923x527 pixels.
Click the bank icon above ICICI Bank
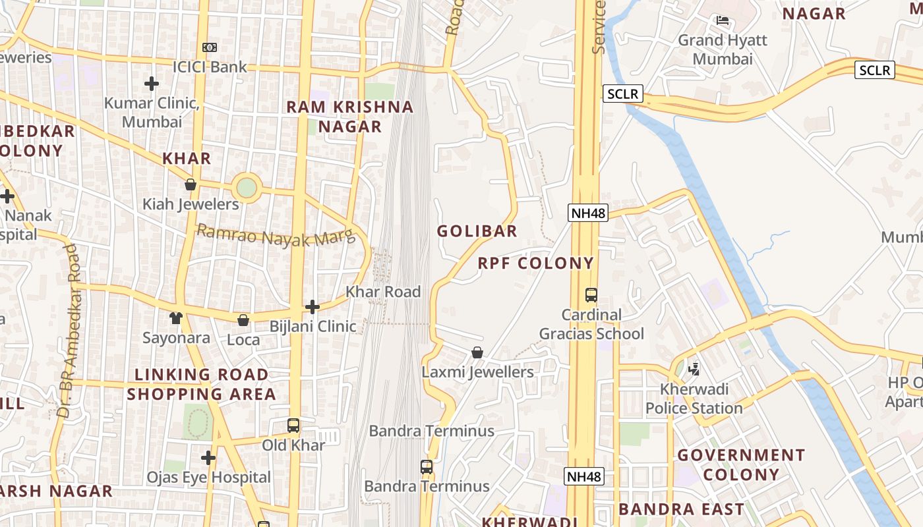point(209,47)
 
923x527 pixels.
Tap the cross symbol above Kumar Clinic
point(152,84)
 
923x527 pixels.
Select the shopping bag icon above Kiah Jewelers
point(191,184)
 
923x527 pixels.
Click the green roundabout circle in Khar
point(246,188)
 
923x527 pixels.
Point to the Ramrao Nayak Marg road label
point(276,235)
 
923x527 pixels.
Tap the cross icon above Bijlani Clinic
point(313,307)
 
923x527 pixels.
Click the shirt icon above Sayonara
point(175,319)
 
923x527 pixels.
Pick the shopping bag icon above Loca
point(243,320)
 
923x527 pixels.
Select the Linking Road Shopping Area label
point(201,384)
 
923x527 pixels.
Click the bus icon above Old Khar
point(293,426)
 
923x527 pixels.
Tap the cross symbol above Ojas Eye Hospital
point(208,458)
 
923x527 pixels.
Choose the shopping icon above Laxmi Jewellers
point(477,353)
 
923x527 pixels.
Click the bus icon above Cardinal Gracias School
point(591,295)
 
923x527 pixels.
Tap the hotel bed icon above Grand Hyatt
point(723,21)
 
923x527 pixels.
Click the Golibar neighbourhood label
point(477,231)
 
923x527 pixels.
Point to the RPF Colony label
point(536,263)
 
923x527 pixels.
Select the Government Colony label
point(741,464)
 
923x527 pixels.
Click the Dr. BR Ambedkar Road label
point(69,331)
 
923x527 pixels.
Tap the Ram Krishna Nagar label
point(350,117)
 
